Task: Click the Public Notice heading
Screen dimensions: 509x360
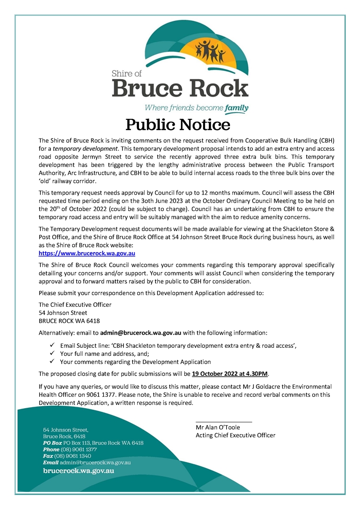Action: tap(178, 124)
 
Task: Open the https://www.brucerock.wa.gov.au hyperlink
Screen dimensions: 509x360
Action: tap(87, 254)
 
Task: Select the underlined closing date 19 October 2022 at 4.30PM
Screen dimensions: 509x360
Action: tap(230, 374)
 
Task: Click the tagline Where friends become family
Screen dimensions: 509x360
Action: tap(196, 108)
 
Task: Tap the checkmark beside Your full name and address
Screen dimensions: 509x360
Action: tap(52, 353)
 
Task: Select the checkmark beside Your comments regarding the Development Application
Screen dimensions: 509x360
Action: tap(52, 362)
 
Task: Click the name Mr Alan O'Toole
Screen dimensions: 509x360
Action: tap(218, 427)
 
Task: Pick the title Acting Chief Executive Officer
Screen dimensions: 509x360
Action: tap(235, 435)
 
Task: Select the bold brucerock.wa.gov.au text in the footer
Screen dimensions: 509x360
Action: tap(78, 470)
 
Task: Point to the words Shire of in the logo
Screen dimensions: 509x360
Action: tap(126, 74)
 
